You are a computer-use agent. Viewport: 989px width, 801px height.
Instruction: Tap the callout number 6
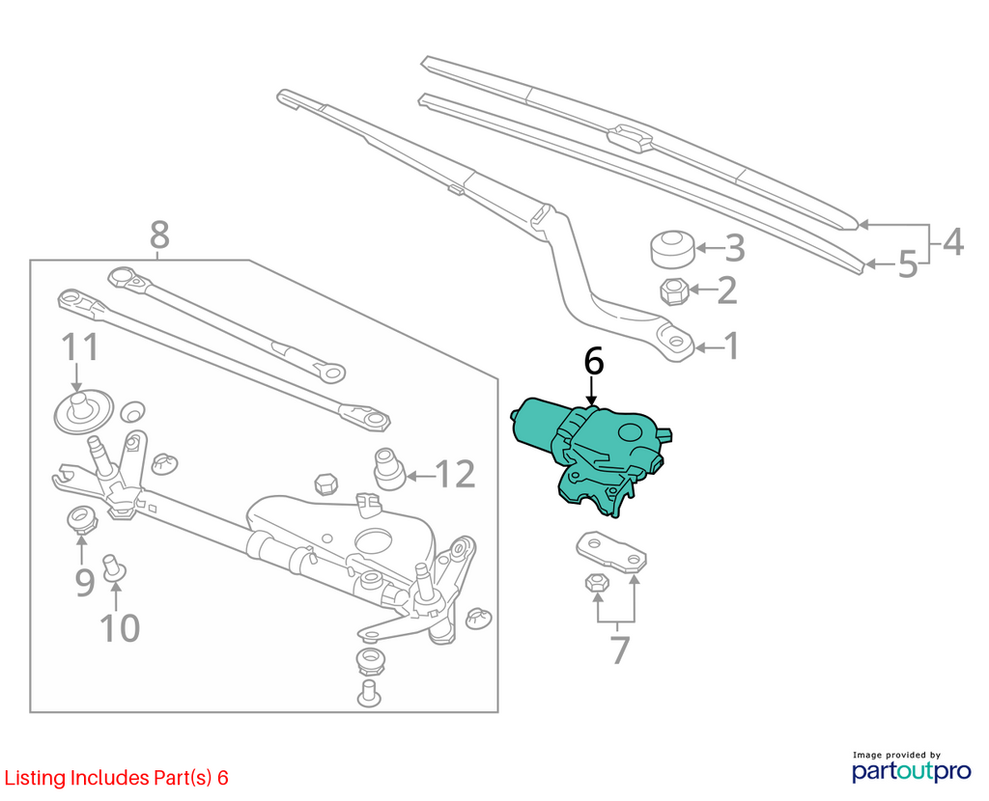click(594, 362)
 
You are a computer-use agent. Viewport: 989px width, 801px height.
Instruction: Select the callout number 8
click(160, 235)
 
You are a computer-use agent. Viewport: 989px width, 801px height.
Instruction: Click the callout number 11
click(80, 347)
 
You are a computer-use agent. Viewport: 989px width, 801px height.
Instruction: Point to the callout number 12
click(455, 474)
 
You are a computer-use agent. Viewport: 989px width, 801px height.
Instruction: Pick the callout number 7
click(621, 650)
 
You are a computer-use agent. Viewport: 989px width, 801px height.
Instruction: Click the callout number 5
click(907, 264)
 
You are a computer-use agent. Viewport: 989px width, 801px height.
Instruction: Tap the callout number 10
click(120, 628)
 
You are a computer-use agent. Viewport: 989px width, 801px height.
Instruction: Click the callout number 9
click(85, 582)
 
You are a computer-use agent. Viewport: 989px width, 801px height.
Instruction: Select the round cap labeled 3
click(673, 249)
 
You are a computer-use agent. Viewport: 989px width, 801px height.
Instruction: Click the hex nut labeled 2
click(673, 290)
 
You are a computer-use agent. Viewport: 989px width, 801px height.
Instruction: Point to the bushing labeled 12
click(389, 468)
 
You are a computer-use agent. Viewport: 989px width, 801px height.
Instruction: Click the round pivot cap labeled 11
click(83, 411)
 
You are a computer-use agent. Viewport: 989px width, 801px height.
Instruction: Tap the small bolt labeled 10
click(114, 566)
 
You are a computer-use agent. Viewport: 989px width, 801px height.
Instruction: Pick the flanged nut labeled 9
click(81, 518)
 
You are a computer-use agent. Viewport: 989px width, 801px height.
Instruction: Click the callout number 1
click(732, 346)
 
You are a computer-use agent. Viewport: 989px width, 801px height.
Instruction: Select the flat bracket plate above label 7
click(611, 552)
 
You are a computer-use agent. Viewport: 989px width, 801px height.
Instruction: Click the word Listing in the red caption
click(36, 778)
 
